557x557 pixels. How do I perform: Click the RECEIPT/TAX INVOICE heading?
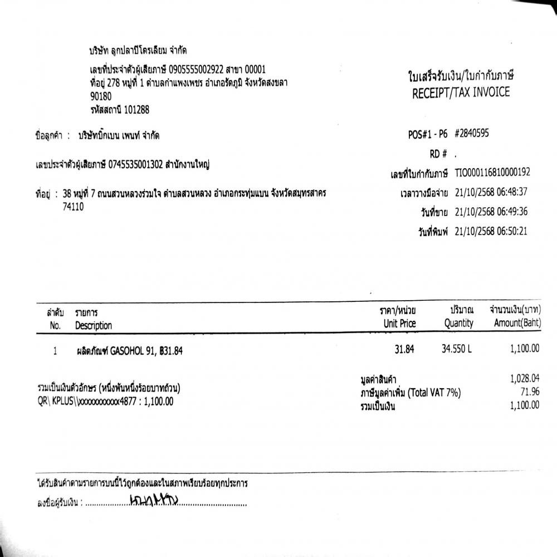point(461,93)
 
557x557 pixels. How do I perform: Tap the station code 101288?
point(133,110)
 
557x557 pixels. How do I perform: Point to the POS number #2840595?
point(474,134)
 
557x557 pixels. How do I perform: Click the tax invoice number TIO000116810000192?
point(492,173)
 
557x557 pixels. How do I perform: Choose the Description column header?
point(94,325)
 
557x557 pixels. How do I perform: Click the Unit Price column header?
point(399,324)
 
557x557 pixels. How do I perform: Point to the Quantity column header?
point(458,324)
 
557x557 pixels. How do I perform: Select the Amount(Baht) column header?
point(516,324)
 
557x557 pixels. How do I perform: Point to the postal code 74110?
point(74,206)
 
